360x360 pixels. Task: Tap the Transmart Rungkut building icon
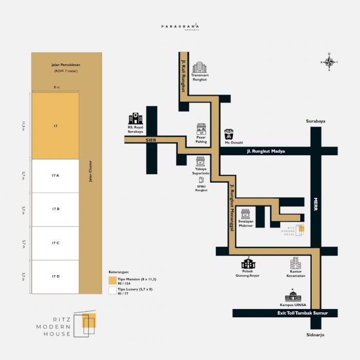tap(199, 67)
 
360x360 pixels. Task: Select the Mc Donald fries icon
tap(229, 135)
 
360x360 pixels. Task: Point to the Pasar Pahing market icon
tap(202, 130)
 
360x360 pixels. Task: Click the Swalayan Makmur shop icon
tap(245, 214)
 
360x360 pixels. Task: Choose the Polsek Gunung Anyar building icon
tap(248, 263)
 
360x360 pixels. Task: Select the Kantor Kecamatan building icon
tap(295, 263)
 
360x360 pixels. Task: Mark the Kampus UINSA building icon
tap(293, 295)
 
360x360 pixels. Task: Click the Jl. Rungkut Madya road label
tap(265, 151)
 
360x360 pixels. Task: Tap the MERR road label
tap(316, 204)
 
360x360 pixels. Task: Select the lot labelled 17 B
tap(56, 209)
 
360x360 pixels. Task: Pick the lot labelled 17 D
tap(56, 277)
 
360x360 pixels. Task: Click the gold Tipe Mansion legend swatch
tap(112, 280)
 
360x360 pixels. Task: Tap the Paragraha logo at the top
tap(179, 26)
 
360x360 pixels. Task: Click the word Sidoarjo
tap(315, 335)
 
